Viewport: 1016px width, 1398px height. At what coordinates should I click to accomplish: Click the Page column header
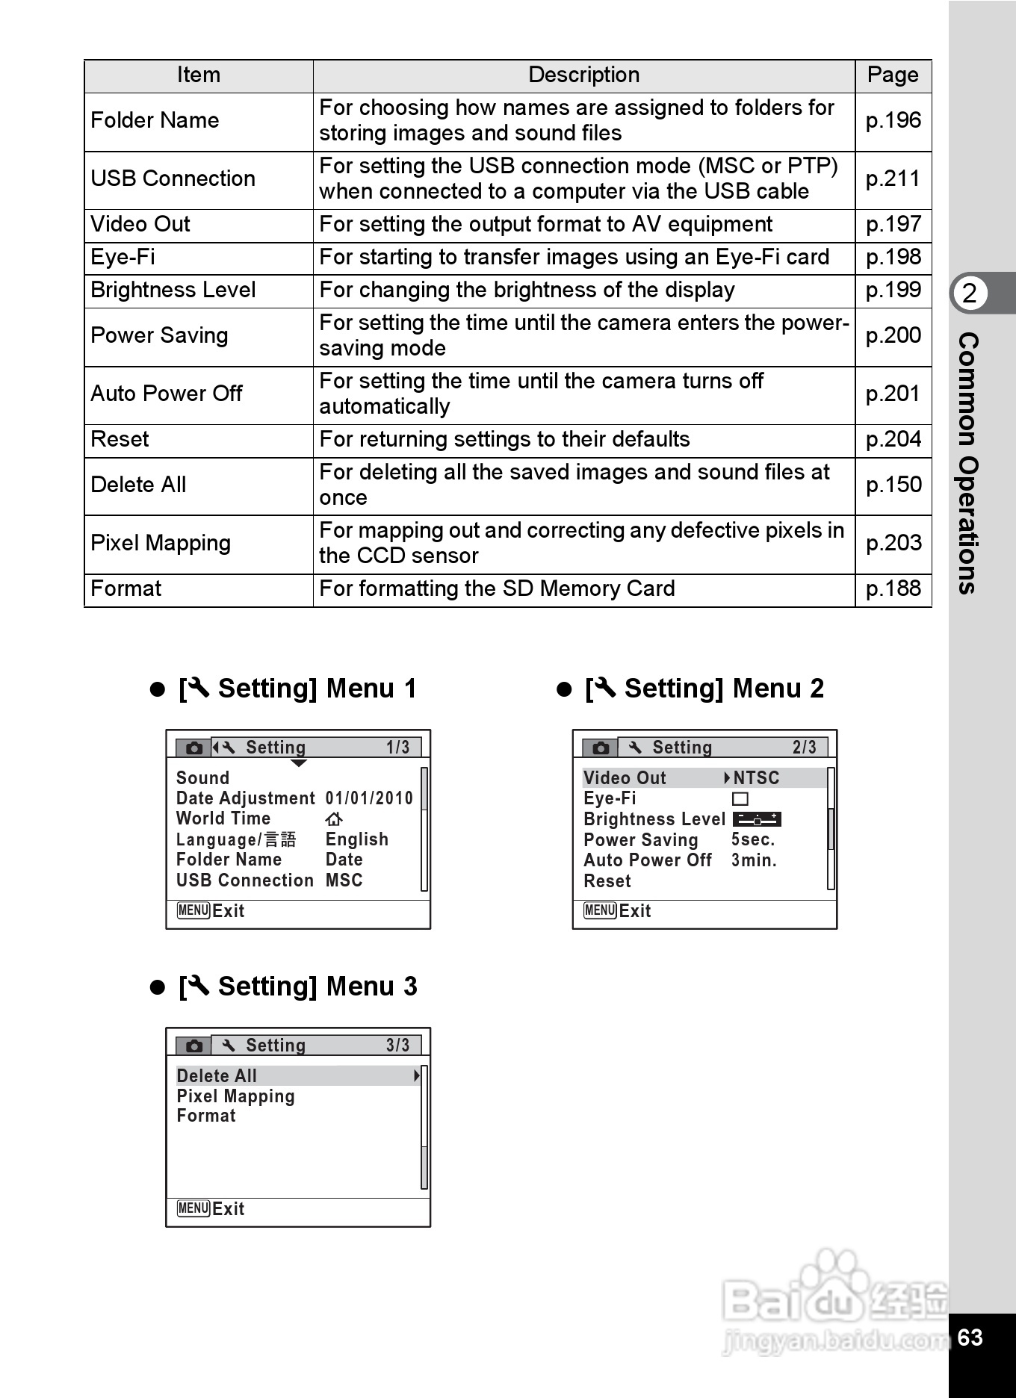point(893,75)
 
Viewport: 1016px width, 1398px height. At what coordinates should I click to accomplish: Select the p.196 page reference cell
point(893,121)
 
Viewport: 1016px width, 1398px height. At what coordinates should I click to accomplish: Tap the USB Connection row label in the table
point(173,179)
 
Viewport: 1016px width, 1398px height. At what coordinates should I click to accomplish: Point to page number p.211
point(893,179)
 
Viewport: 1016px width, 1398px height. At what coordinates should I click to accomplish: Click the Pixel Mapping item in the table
point(161,544)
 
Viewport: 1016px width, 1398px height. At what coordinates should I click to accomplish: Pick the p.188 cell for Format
point(893,589)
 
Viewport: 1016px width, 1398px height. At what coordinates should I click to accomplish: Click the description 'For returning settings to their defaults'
point(504,440)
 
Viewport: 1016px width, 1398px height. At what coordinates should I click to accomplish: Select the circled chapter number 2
point(970,293)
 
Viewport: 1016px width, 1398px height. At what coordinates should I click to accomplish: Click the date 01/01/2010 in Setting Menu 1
point(369,799)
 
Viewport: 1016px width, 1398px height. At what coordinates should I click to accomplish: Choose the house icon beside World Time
point(334,819)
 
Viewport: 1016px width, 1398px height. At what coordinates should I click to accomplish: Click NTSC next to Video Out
point(756,778)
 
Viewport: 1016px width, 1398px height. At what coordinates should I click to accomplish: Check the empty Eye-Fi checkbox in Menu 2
point(740,799)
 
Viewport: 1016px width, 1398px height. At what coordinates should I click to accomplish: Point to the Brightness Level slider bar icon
point(757,819)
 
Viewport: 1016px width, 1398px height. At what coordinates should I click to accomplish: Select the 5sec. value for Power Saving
point(753,840)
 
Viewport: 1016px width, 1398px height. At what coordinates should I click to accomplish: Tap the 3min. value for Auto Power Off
point(754,860)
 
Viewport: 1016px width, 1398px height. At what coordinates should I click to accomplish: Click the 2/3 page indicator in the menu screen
point(805,748)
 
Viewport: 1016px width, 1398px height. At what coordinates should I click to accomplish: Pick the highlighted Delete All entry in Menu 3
point(217,1076)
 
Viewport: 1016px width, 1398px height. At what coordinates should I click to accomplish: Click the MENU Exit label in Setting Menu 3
point(211,1209)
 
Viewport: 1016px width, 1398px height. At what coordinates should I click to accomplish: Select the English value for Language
point(356,839)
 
